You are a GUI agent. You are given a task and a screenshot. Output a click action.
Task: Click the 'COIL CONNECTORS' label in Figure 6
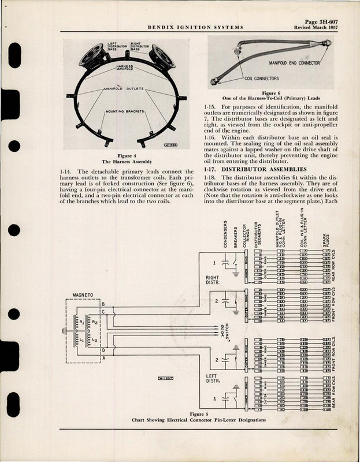261,79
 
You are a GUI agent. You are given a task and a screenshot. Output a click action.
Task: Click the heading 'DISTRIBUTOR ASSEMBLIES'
270,152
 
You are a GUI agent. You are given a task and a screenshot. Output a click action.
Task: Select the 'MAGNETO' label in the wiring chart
83,293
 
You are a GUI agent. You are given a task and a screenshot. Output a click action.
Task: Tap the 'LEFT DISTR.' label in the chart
215,381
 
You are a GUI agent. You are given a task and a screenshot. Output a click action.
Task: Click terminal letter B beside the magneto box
103,304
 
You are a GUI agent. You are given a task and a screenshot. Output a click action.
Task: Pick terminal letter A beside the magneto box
103,359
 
